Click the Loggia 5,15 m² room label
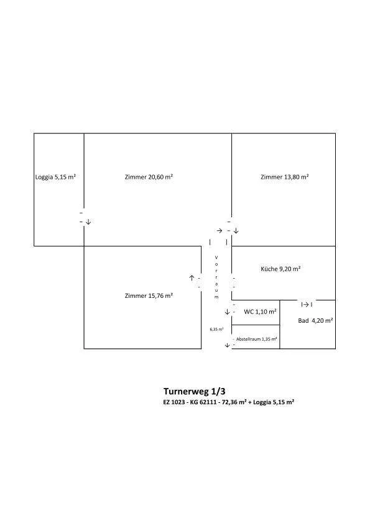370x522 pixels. [x=55, y=177]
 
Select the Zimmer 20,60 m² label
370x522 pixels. [x=149, y=177]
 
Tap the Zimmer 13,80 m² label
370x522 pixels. [x=285, y=177]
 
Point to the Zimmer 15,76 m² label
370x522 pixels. [x=149, y=295]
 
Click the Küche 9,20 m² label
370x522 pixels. [x=280, y=269]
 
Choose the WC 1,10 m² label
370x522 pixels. [x=260, y=312]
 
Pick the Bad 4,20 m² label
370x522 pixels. [x=315, y=321]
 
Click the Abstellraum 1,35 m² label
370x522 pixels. [x=257, y=339]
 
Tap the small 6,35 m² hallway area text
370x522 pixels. [x=216, y=329]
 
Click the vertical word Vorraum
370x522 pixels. [x=216, y=277]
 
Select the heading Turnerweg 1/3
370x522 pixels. [x=195, y=391]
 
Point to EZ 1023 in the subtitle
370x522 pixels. [x=173, y=402]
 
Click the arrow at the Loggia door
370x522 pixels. [x=88, y=222]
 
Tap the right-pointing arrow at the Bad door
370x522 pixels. [x=305, y=304]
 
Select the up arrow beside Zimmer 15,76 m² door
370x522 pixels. [x=192, y=277]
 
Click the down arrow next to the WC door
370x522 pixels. [x=227, y=312]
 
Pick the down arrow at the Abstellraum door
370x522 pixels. [x=227, y=345]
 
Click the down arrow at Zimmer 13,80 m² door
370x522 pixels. [x=236, y=231]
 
